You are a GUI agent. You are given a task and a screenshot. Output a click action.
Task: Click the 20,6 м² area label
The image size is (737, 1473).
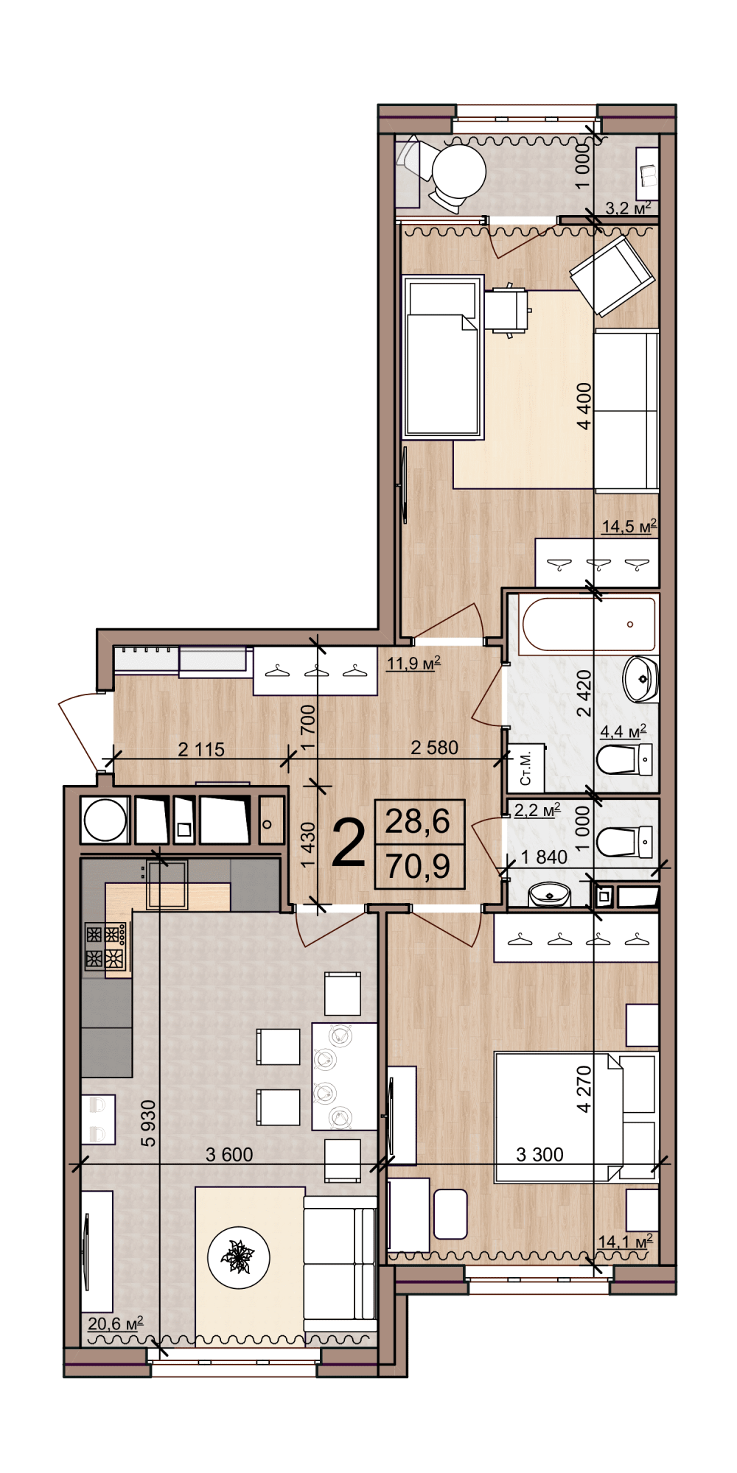[116, 1323]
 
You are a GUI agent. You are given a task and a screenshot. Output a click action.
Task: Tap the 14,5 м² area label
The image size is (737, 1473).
[629, 527]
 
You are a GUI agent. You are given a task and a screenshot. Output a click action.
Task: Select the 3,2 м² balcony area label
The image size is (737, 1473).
[628, 208]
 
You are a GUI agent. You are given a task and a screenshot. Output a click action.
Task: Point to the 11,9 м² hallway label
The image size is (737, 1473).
[413, 664]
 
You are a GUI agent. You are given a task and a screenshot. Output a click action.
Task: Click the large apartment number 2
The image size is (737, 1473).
[349, 844]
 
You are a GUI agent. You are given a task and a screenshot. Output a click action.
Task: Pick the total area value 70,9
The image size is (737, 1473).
[419, 866]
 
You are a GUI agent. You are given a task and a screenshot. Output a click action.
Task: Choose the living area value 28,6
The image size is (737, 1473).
[419, 820]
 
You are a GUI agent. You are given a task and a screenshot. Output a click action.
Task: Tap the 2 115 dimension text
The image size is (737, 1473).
[201, 749]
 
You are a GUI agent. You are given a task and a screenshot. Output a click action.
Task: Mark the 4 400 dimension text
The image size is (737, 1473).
[584, 406]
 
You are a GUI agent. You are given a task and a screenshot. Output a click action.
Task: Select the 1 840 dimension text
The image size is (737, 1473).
[544, 857]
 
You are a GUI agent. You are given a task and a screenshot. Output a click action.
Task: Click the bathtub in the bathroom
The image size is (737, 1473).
[587, 625]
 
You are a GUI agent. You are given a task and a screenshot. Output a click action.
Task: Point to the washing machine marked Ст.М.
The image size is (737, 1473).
[526, 767]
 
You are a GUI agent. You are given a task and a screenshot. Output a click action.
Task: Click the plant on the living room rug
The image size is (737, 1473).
[239, 1257]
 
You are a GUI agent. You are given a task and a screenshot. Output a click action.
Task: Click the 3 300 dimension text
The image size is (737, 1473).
[539, 1154]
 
